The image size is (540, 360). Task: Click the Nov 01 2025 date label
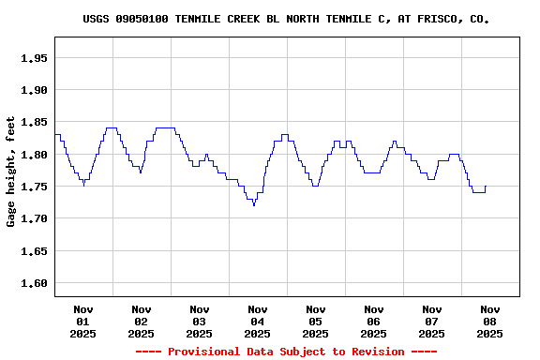click(x=83, y=321)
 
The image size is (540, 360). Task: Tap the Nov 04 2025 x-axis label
click(x=258, y=321)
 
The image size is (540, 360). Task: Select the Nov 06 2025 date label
click(x=374, y=321)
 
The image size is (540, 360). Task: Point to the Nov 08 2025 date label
click(x=490, y=321)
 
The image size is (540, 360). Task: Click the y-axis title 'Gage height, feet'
click(x=11, y=172)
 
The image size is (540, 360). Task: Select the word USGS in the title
click(x=97, y=19)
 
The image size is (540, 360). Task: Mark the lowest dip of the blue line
click(x=254, y=204)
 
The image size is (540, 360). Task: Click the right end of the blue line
click(x=486, y=187)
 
